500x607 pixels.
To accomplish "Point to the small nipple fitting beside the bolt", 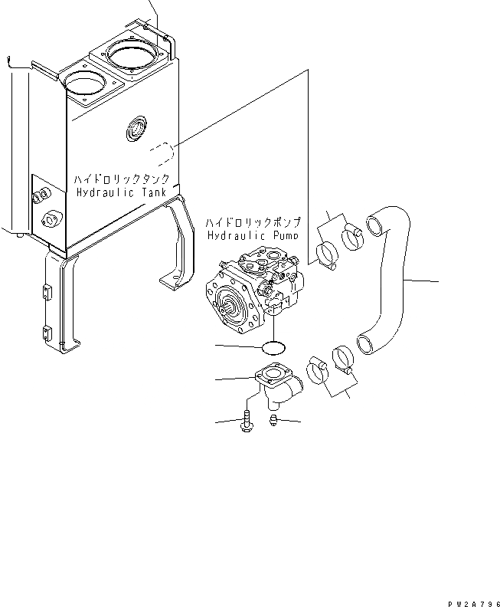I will [273, 418].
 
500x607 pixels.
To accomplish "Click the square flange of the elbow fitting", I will [270, 377].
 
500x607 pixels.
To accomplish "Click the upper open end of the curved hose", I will [375, 225].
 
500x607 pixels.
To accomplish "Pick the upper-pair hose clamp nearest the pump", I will [325, 254].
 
